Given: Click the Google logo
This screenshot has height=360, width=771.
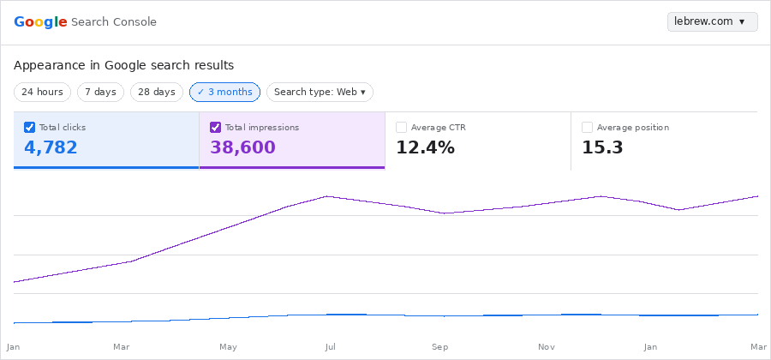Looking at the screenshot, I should (x=40, y=21).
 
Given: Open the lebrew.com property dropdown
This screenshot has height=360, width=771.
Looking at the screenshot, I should (x=712, y=21).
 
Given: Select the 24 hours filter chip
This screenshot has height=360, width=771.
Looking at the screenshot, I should (x=42, y=92).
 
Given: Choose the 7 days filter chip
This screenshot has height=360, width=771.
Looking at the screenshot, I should (x=100, y=92).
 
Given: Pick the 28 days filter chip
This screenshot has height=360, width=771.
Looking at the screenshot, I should (x=157, y=92).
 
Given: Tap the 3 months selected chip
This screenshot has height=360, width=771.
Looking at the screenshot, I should (x=224, y=92).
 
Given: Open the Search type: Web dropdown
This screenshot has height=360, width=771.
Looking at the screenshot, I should (x=320, y=92).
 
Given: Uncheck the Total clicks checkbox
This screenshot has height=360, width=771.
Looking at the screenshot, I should (x=29, y=127).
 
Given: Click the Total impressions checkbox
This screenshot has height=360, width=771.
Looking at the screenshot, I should (x=215, y=127).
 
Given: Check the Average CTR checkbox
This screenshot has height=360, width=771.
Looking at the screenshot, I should (x=401, y=127).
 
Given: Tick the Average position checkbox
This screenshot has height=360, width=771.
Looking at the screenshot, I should (x=587, y=127).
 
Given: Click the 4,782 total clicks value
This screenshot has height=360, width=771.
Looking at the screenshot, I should (x=51, y=147).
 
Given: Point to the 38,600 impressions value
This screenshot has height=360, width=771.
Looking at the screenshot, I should (x=242, y=147).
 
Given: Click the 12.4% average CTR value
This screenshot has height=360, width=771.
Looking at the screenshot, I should (x=425, y=147).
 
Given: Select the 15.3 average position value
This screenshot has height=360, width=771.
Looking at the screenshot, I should (x=602, y=147).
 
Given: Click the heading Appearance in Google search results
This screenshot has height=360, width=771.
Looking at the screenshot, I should (x=123, y=65).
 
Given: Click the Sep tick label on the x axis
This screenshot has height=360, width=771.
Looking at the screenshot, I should (x=439, y=347).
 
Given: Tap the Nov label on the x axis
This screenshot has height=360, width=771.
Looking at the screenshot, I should (x=546, y=347).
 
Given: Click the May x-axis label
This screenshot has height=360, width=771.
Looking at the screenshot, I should (x=228, y=347).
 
